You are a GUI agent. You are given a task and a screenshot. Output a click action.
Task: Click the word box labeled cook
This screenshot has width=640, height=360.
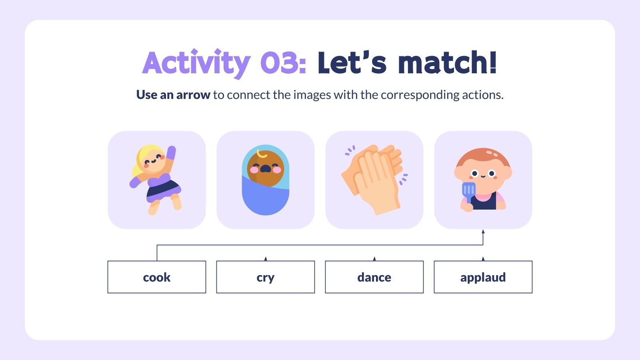tap(157, 277)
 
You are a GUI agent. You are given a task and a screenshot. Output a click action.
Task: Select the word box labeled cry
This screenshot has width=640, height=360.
tap(266, 277)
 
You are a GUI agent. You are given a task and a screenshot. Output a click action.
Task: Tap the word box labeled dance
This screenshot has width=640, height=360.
tap(374, 277)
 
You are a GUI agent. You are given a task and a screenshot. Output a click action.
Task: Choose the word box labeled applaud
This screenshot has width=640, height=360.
tap(483, 277)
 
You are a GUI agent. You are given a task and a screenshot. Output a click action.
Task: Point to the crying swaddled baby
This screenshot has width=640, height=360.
tap(266, 180)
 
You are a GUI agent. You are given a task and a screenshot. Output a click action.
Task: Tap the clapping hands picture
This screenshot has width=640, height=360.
tap(374, 180)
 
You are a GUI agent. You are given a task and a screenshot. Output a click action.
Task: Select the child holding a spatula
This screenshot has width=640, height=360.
tap(483, 180)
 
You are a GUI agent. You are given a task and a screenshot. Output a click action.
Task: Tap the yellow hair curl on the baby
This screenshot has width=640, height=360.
tap(262, 154)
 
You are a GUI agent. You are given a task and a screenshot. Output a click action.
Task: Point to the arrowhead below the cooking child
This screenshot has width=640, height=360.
tap(483, 232)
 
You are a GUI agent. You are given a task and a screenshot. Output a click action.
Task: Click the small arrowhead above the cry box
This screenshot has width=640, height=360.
tap(266, 259)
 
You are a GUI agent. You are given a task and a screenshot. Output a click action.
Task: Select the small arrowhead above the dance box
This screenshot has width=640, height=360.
tap(374, 259)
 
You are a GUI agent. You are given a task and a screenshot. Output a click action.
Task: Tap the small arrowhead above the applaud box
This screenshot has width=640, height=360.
tap(483, 259)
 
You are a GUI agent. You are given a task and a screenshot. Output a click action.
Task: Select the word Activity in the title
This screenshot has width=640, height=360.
tap(196, 63)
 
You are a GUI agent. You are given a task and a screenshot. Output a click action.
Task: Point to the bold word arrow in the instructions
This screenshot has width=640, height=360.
tap(193, 95)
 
